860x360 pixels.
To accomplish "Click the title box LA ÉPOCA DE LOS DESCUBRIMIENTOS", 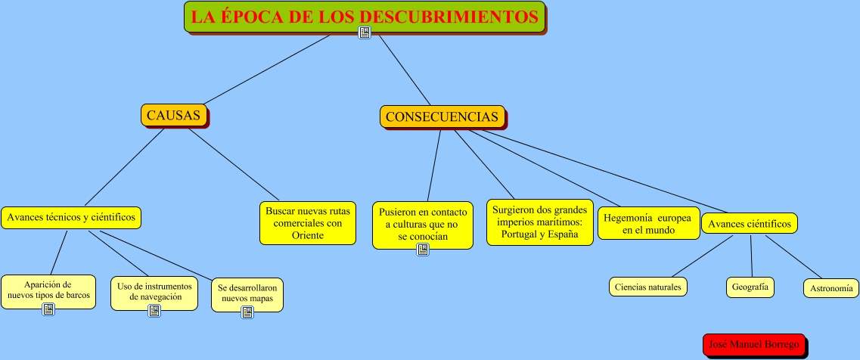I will tap(364, 16).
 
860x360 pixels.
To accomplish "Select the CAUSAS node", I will tap(173, 115).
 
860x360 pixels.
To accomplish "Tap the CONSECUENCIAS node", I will tap(442, 116).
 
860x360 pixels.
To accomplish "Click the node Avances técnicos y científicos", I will tap(71, 217).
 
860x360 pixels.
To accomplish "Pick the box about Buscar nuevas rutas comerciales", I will tap(307, 223).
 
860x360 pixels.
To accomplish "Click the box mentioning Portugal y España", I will tap(539, 222).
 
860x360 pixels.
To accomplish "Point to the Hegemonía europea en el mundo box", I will tap(649, 224).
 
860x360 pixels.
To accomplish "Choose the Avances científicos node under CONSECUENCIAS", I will tap(749, 224).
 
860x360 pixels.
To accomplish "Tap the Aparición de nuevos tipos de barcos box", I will tap(48, 290).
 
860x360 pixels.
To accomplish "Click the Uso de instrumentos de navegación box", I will tap(155, 291).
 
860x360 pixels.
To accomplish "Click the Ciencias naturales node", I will tap(648, 287).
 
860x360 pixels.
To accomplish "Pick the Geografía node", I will tap(750, 287).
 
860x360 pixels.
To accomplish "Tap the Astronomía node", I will tap(831, 288).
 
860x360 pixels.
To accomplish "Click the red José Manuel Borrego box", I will tap(753, 344).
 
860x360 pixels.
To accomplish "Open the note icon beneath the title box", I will tap(364, 33).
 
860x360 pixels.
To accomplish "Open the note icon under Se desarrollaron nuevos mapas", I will tap(247, 312).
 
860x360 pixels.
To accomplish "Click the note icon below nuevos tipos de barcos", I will tap(48, 309).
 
